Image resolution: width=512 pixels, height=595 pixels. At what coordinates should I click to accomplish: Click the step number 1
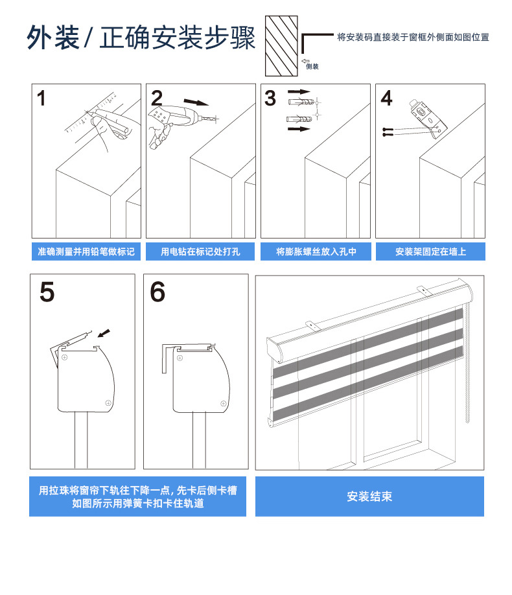[41, 99]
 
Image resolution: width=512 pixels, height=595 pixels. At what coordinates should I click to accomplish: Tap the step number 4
[386, 99]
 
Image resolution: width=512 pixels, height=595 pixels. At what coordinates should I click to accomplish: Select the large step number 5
[47, 292]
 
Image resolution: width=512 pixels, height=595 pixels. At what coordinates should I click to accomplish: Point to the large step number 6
[157, 292]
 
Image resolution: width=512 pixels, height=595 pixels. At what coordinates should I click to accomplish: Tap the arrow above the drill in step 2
[196, 102]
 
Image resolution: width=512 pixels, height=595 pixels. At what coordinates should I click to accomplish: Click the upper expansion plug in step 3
[301, 102]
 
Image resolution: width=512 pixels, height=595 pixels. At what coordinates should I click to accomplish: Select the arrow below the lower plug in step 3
[299, 129]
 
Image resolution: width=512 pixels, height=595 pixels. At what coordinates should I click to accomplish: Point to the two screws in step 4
[388, 132]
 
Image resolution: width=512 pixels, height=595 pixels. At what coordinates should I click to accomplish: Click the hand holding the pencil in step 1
[111, 128]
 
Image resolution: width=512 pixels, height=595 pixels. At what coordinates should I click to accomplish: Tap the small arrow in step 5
[104, 333]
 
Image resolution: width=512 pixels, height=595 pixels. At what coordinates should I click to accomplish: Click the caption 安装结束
[369, 496]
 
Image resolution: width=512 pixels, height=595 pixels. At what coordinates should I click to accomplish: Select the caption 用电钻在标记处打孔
[200, 251]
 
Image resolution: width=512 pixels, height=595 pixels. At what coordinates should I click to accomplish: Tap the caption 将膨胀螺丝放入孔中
[316, 251]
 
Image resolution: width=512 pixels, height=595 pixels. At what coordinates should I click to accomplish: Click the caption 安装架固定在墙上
[430, 251]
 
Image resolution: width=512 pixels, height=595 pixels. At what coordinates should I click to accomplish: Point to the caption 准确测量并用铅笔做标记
[86, 251]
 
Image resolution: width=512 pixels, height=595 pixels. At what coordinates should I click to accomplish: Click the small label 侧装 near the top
[312, 66]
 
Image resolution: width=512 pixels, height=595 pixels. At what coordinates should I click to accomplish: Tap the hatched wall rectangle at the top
[281, 46]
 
